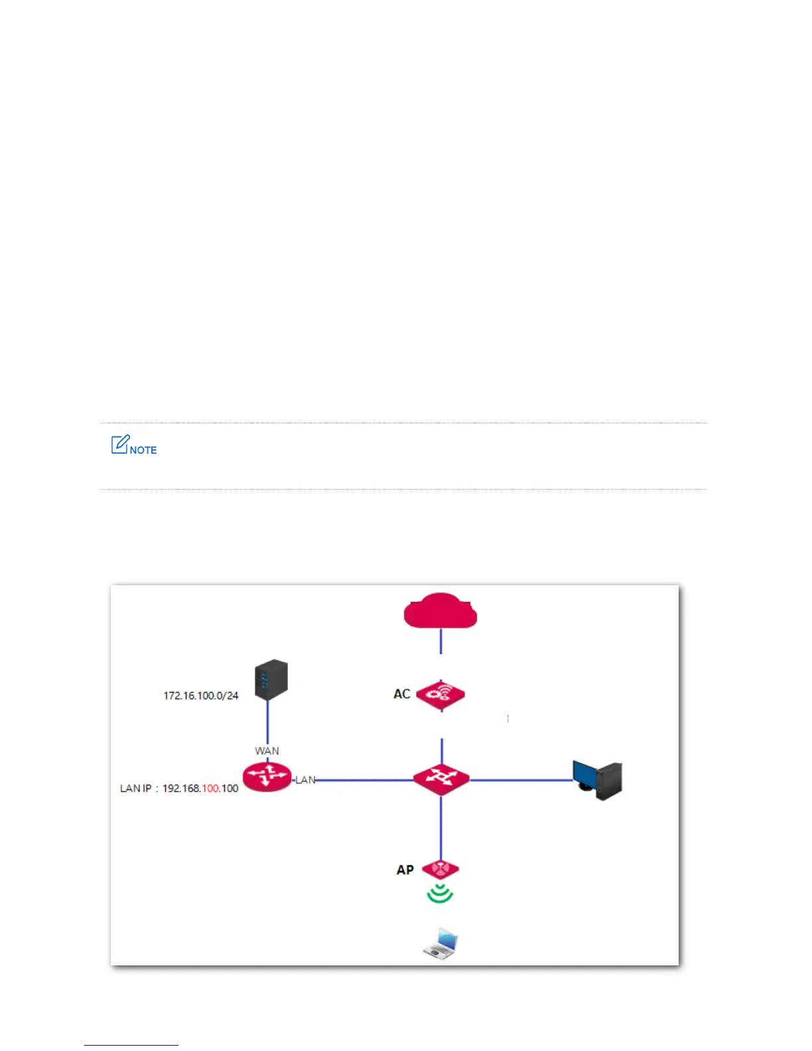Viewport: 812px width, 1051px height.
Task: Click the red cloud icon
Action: pos(440,611)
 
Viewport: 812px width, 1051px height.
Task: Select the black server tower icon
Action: pos(271,679)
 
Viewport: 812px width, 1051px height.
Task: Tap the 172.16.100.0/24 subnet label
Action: pos(200,695)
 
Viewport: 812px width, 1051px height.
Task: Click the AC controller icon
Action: pos(440,695)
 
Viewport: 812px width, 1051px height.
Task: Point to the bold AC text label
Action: pos(402,694)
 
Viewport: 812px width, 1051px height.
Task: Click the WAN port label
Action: pos(267,750)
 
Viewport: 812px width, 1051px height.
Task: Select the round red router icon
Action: pos(267,777)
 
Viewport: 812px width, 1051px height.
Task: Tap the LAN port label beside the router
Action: pos(305,780)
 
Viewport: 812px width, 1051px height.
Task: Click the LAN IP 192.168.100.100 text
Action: pos(179,788)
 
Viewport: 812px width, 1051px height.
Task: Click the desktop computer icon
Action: pos(597,780)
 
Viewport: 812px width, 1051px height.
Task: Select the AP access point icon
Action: pos(440,869)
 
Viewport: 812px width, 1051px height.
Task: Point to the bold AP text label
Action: pos(405,870)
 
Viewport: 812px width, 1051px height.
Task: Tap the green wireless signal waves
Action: pos(440,894)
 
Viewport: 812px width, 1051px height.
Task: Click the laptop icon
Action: pos(441,943)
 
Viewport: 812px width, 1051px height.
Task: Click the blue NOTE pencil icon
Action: pos(120,445)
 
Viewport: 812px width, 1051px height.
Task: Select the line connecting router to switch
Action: pos(365,780)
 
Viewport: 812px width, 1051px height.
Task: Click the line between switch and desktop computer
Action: pos(521,780)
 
